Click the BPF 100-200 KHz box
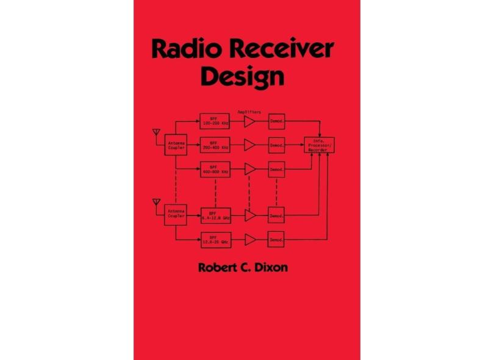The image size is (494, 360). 215,121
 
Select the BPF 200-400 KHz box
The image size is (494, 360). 215,145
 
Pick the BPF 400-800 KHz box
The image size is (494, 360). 215,169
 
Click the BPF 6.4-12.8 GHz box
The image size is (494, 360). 215,215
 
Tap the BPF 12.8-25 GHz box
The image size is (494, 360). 215,239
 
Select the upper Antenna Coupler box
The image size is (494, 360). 175,145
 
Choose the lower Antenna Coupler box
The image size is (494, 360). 175,215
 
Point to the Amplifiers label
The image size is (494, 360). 249,112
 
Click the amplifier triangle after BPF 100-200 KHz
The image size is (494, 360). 249,121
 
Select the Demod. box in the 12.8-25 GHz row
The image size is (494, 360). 276,239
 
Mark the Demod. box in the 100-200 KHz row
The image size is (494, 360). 276,121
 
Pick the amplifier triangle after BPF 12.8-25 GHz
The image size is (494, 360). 249,239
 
